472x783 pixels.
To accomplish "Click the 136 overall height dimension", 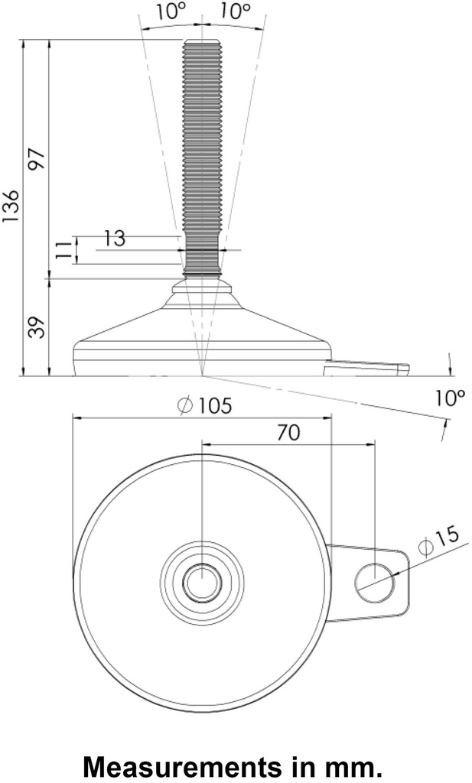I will click(x=11, y=206).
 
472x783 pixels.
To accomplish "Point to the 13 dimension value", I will click(x=115, y=239).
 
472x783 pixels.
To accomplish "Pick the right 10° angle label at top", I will click(x=236, y=11).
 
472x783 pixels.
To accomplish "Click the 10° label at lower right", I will click(x=450, y=398).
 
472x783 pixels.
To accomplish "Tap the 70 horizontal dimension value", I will click(x=288, y=432).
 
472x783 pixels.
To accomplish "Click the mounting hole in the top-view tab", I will click(x=374, y=582).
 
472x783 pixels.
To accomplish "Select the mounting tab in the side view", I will click(x=366, y=370).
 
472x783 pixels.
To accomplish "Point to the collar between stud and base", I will click(x=202, y=288).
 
